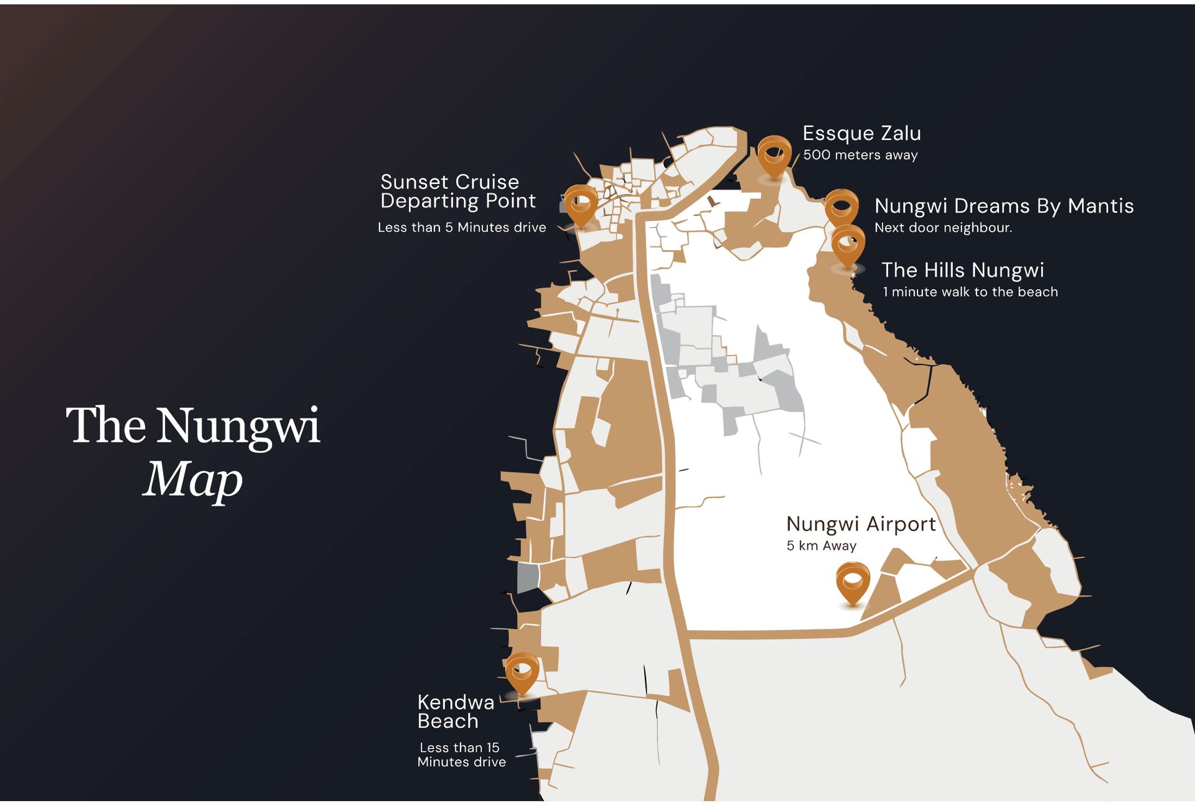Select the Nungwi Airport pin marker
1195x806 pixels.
click(852, 581)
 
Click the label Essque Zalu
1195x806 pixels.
click(861, 133)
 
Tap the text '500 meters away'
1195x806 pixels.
click(860, 155)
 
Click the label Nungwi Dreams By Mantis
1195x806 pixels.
click(1003, 206)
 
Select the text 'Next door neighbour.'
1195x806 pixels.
click(943, 228)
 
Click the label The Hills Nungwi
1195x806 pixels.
click(962, 270)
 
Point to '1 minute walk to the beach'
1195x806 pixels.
click(970, 292)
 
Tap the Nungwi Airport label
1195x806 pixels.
click(861, 524)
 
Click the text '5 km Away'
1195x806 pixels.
click(821, 546)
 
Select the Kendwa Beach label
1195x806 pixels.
click(455, 711)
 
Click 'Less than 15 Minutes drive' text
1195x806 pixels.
click(461, 754)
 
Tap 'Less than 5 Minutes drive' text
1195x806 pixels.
click(461, 228)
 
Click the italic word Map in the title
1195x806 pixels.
click(192, 480)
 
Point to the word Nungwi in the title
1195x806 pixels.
click(238, 427)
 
